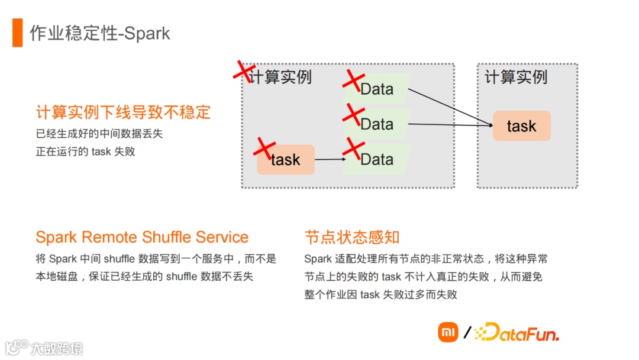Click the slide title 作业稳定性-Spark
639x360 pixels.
(100, 33)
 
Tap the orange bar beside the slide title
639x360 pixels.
(17, 33)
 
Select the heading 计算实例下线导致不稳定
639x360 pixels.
(123, 112)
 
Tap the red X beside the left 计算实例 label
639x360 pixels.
(243, 70)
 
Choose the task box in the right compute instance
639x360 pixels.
(521, 126)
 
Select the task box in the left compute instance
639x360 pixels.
(286, 159)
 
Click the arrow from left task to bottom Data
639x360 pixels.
(330, 159)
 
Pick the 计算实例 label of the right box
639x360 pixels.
(516, 77)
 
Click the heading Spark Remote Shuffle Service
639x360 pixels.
(142, 237)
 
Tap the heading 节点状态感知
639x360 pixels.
(352, 237)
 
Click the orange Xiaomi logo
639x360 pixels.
(448, 332)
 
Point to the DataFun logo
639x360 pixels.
(517, 333)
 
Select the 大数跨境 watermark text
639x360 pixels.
(57, 348)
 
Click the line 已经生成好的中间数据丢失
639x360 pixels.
(99, 134)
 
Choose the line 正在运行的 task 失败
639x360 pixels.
(85, 152)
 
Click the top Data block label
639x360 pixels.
(377, 89)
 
